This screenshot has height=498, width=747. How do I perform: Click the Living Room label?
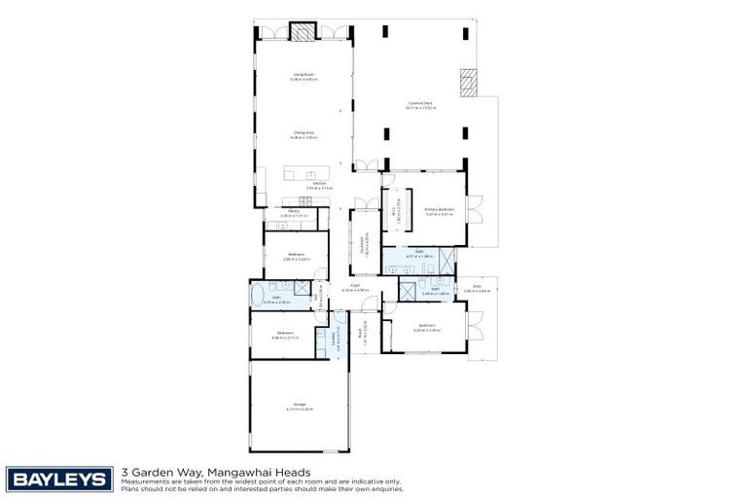303,75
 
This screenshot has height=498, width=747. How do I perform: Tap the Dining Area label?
303,134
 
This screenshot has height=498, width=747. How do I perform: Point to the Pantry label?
294,213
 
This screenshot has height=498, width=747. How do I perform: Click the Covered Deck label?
421,105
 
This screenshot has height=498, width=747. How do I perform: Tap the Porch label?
358,333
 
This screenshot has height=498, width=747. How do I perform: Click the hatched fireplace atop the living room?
305,33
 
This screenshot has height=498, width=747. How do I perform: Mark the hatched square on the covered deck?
470,83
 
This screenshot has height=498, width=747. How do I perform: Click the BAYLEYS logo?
59,478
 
